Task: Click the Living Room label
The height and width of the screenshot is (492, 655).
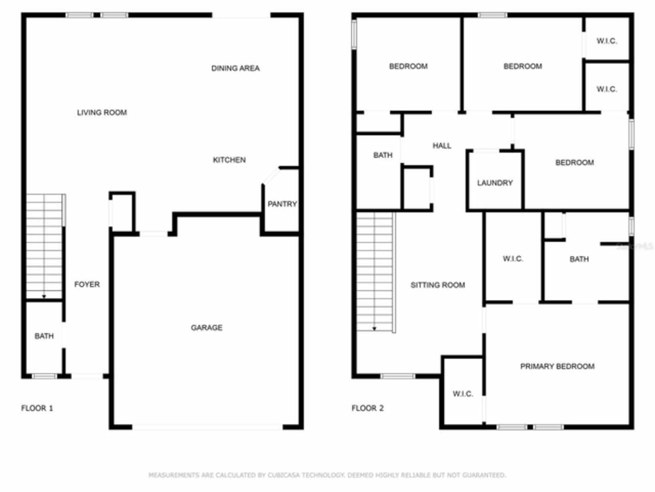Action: [x=102, y=113]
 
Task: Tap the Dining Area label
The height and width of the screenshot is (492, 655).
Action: [x=235, y=68]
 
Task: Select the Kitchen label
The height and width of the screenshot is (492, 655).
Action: [x=229, y=160]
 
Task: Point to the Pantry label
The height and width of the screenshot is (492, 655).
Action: [x=282, y=204]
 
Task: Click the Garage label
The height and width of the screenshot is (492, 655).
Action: [x=207, y=327]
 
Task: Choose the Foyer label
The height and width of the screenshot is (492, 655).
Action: [x=87, y=284]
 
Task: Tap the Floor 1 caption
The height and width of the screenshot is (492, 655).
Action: [x=37, y=408]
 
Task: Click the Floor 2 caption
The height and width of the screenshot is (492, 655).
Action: [x=367, y=408]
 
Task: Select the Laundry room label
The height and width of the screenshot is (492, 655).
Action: [x=495, y=183]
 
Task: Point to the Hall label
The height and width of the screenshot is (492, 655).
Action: [x=442, y=146]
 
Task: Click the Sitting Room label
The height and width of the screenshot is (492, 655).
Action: [x=438, y=285]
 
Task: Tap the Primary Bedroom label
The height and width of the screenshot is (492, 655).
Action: [x=557, y=366]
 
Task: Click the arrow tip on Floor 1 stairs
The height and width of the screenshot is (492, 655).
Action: [x=44, y=297]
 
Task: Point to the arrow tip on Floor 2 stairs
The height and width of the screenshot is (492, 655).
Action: [x=375, y=329]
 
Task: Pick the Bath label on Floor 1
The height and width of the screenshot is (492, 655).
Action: [x=44, y=336]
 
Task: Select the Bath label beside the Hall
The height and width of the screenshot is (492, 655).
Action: [x=383, y=155]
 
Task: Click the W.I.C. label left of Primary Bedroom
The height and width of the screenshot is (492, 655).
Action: [x=463, y=394]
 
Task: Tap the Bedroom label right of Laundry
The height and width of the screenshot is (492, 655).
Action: [x=575, y=162]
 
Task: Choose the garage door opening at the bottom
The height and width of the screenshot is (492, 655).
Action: [x=207, y=426]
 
